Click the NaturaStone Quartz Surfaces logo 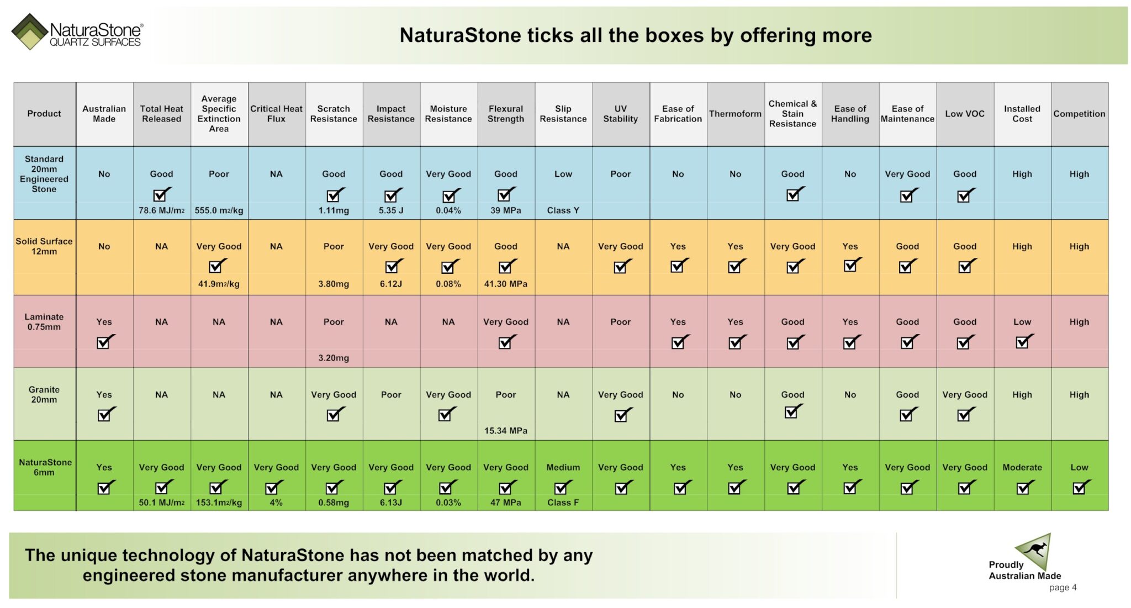point(77,32)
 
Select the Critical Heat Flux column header point(276,114)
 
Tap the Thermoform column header point(735,114)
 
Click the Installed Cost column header point(1022,114)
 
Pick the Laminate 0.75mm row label point(44,322)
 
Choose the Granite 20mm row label point(44,395)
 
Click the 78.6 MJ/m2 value point(161,210)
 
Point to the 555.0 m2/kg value point(219,210)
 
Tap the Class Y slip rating point(563,210)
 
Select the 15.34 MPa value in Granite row point(506,431)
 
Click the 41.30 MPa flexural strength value point(506,284)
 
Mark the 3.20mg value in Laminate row point(334,358)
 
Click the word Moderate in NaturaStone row point(1022,467)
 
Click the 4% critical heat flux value point(276,503)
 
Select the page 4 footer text point(1063,588)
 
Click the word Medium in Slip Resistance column point(563,467)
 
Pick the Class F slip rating point(563,503)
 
